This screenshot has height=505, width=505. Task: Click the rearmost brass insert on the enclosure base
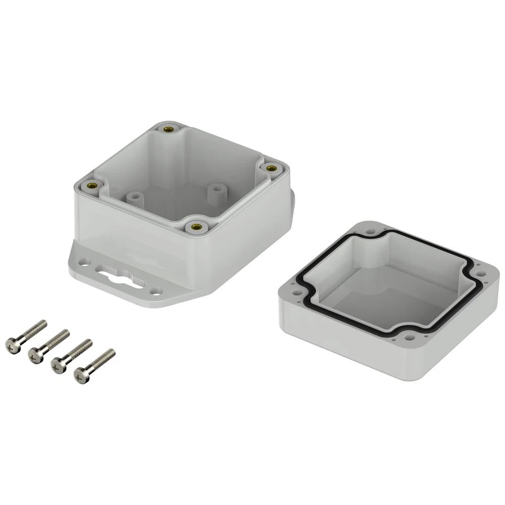[168, 129]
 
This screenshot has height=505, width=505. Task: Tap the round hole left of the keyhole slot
[86, 262]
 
